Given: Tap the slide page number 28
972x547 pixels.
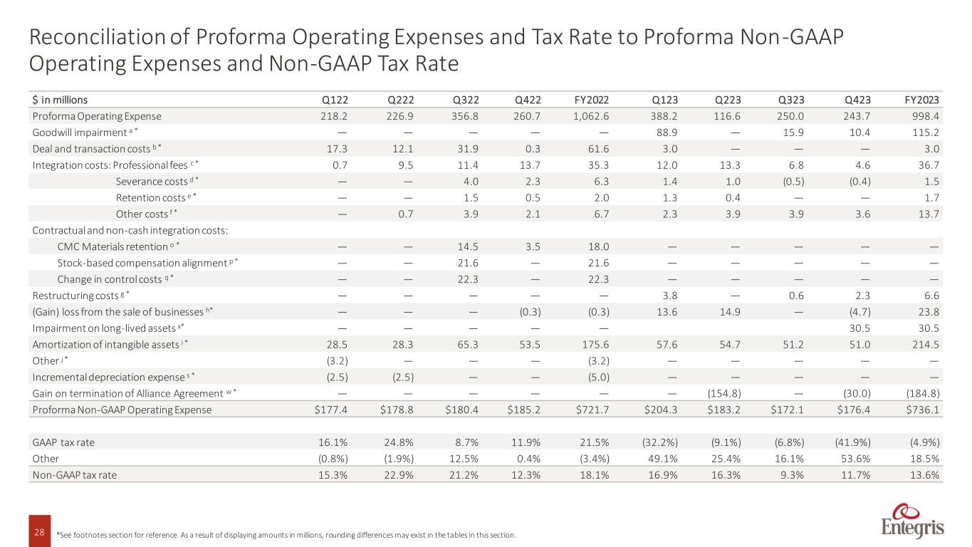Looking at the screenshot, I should point(39,533).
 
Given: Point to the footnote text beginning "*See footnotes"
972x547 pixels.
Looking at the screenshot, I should point(285,534).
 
